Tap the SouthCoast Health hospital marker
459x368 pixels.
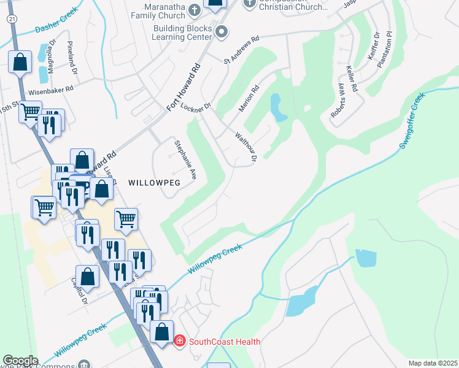coord(179,341)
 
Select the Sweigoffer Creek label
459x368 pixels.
coord(412,121)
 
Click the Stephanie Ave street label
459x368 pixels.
coord(185,158)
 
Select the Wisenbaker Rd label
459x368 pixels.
coord(51,89)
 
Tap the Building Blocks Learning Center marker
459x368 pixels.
coord(222,31)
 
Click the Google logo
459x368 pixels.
coord(20,361)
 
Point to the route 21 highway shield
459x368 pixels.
coord(12,20)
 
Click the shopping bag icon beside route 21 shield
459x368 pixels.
coord(20,62)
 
